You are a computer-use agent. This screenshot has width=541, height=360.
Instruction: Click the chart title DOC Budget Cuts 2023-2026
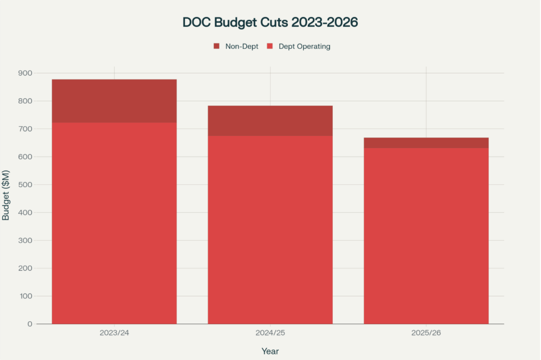(270, 22)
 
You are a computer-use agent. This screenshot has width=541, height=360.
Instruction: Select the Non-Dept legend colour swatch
(216, 46)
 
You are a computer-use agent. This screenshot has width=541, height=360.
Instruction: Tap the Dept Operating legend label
(304, 46)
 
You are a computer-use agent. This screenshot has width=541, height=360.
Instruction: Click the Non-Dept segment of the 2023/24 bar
(114, 101)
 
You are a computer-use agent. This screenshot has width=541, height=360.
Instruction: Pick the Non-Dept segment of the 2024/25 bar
(270, 121)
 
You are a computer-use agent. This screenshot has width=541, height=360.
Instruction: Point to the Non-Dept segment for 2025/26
(426, 143)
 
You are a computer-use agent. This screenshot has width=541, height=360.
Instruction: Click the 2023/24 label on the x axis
(114, 333)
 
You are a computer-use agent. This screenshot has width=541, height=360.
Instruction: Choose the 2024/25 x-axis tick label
(270, 333)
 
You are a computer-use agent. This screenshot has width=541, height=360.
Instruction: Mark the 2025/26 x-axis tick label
(426, 333)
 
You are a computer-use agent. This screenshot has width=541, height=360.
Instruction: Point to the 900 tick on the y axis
(26, 73)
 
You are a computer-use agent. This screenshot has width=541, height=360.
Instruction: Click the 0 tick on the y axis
(30, 324)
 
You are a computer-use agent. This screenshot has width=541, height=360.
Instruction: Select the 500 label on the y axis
(26, 185)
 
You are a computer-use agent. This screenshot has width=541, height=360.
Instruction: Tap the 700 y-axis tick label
(26, 129)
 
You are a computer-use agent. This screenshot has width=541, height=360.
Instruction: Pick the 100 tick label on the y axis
(26, 296)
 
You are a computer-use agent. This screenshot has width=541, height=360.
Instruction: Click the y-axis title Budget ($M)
(6, 195)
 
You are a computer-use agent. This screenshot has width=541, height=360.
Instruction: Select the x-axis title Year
(270, 351)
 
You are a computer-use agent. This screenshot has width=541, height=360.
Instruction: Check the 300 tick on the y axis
(26, 241)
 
